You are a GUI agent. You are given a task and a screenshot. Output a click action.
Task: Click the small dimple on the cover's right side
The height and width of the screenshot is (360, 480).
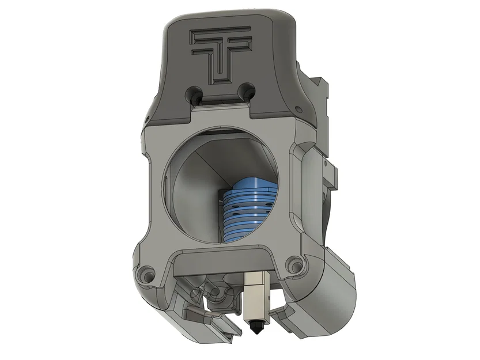[298, 108]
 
